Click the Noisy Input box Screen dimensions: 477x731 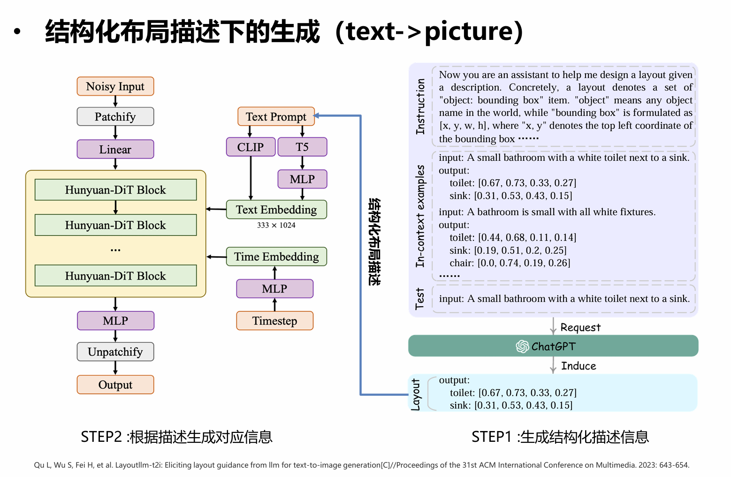coord(115,87)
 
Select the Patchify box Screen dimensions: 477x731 coord(115,117)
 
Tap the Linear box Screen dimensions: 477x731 coord(115,150)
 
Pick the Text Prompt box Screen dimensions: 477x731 coord(276,117)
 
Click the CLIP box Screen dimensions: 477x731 coord(251,147)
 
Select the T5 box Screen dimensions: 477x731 coord(302,147)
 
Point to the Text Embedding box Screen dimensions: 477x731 coord(276,210)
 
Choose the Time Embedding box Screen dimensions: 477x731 coord(276,257)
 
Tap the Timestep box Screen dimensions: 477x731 coord(275,321)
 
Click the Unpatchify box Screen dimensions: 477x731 coord(115,352)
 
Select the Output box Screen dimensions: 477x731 coord(115,385)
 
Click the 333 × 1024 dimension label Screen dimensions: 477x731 coord(276,226)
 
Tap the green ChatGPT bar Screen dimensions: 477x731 coord(553,346)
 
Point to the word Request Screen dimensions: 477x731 coord(580,327)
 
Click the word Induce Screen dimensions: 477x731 coord(579,366)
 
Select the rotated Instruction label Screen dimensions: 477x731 coord(420,106)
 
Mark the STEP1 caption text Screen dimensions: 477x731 coord(560,437)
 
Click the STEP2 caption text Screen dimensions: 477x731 coord(176,437)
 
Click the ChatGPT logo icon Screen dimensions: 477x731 coord(522,347)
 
